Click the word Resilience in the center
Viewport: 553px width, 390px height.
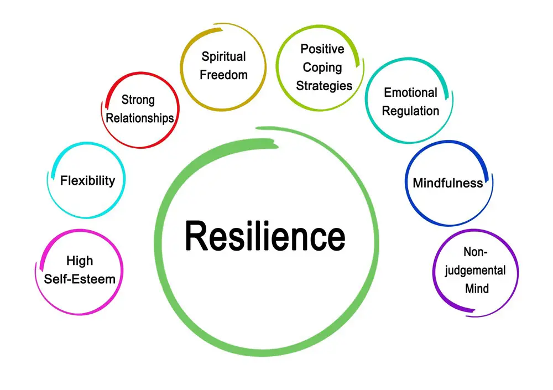click(265, 236)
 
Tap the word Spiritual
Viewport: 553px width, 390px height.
click(223, 57)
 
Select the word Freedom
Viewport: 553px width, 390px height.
click(223, 75)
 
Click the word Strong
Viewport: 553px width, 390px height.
click(138, 100)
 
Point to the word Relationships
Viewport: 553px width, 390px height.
click(140, 118)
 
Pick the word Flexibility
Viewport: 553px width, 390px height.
click(87, 181)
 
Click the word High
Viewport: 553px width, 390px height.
click(80, 261)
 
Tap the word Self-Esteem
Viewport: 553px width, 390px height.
click(80, 279)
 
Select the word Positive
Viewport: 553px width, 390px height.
click(322, 49)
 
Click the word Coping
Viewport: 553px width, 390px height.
click(322, 67)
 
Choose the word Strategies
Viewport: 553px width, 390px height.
click(324, 86)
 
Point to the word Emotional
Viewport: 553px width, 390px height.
click(410, 92)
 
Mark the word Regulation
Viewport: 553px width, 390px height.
click(410, 111)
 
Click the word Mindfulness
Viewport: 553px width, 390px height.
click(448, 183)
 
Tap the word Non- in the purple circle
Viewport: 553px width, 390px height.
click(475, 252)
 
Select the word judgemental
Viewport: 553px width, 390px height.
click(475, 271)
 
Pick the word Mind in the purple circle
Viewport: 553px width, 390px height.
click(477, 289)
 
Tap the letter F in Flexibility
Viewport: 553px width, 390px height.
click(64, 181)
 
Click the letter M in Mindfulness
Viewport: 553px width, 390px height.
click(419, 183)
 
